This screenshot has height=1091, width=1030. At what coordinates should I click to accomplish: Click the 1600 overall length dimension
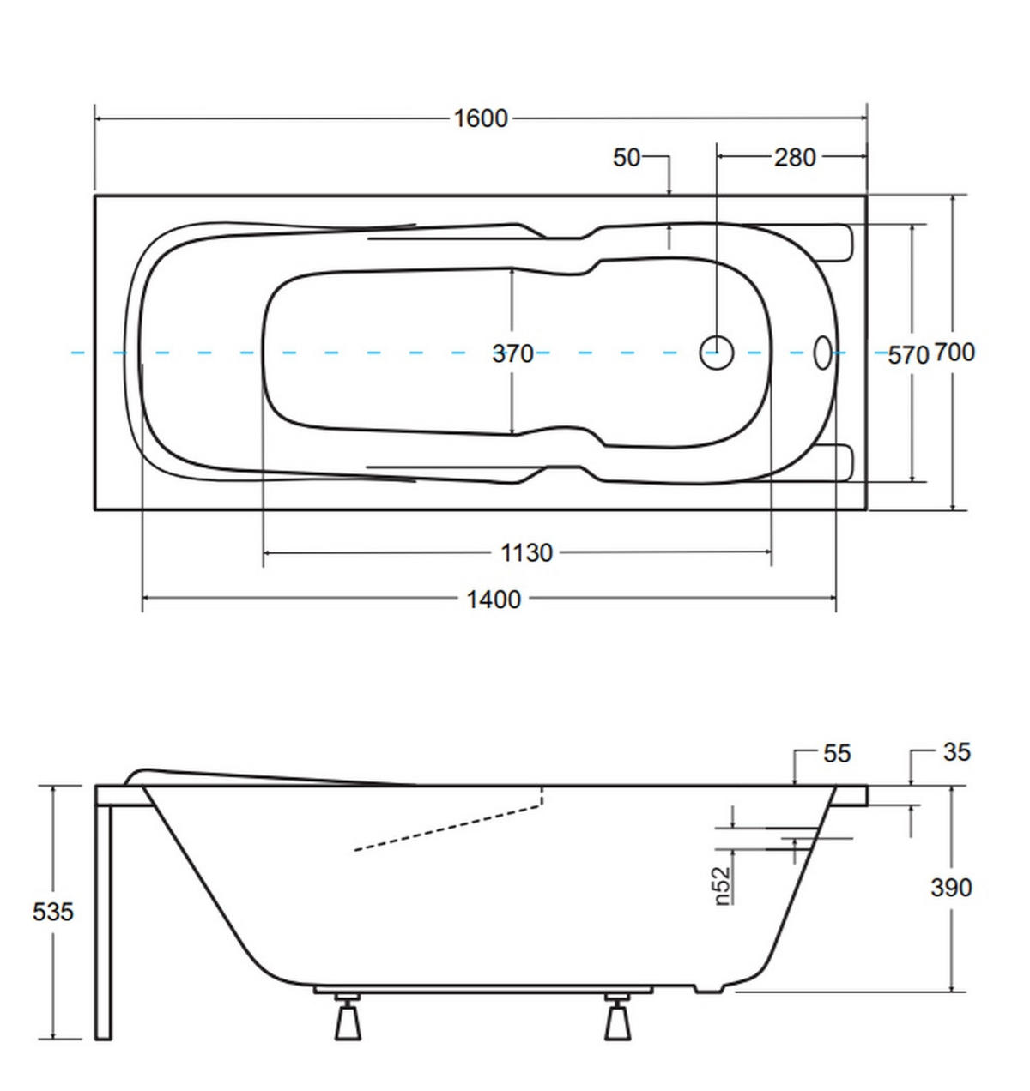tap(480, 118)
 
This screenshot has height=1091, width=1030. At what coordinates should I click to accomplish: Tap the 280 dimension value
tap(795, 158)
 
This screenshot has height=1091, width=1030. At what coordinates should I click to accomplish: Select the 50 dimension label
tap(627, 158)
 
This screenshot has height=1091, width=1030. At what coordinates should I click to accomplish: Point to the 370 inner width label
tap(512, 353)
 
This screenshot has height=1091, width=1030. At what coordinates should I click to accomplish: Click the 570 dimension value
tap(908, 355)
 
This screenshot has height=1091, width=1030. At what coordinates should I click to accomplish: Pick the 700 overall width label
tap(954, 353)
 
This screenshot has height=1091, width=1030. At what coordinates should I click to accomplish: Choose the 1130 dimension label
tap(525, 552)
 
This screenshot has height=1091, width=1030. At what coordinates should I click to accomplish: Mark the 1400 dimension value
tap(494, 600)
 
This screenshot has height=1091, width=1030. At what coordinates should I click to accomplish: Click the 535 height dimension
tap(53, 912)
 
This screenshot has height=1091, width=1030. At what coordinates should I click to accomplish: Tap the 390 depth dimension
tap(951, 887)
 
